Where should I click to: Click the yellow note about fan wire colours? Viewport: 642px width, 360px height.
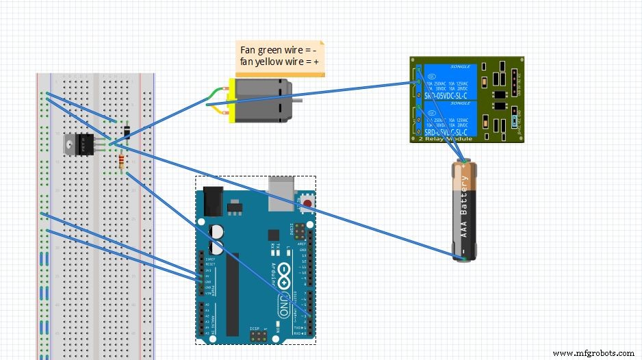(280, 57)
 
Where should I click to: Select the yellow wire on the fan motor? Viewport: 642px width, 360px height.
(218, 110)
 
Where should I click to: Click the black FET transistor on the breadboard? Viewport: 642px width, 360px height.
(79, 143)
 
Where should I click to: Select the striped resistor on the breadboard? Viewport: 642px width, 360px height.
(122, 162)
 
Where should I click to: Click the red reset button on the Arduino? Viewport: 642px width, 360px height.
(308, 203)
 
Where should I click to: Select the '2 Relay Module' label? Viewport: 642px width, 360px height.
(442, 138)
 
